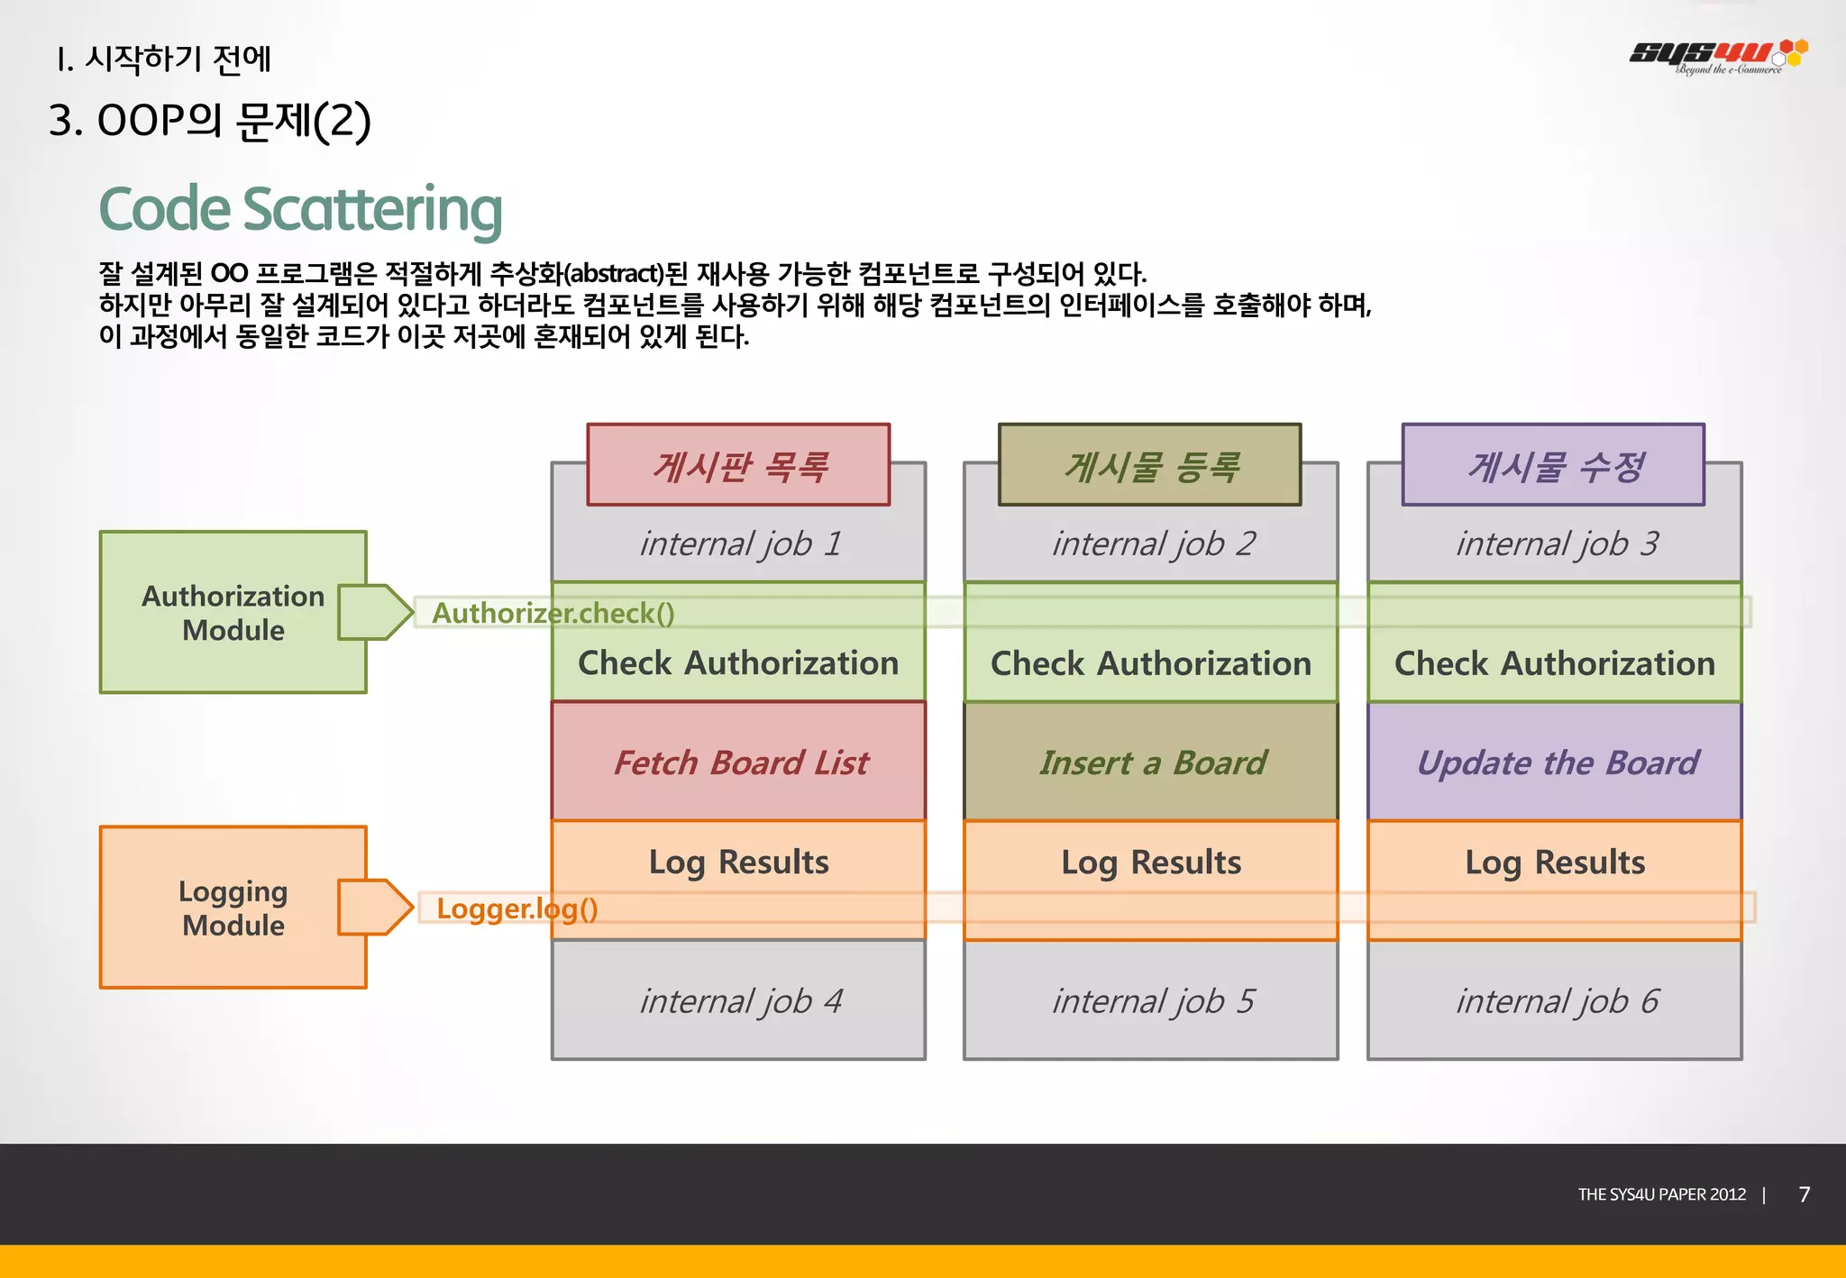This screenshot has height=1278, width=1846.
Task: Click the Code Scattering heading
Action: [300, 209]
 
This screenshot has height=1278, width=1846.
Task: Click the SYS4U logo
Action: [1717, 55]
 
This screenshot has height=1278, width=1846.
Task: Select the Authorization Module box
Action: [233, 613]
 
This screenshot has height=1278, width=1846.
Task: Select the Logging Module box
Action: [233, 908]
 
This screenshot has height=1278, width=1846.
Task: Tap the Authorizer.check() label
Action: [553, 614]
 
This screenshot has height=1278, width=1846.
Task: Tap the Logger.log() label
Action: [516, 908]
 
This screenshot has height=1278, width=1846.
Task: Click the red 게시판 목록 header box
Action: [738, 465]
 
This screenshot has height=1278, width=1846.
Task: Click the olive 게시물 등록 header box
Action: [1149, 465]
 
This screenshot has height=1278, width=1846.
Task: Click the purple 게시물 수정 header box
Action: [1553, 465]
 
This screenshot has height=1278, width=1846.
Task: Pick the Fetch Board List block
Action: [740, 762]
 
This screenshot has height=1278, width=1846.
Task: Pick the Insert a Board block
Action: [1152, 762]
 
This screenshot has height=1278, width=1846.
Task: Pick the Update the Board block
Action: [1557, 762]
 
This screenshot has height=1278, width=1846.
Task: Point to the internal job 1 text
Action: [740, 543]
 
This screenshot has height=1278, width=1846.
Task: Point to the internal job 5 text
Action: [1152, 1001]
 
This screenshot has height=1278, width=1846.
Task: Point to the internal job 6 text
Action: [1556, 1001]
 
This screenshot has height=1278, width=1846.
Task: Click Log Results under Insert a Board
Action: [1151, 863]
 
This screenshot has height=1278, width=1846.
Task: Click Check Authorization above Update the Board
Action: [1554, 663]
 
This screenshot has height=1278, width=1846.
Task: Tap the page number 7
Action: [1804, 1194]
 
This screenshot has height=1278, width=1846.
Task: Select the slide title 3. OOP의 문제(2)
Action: [209, 121]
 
